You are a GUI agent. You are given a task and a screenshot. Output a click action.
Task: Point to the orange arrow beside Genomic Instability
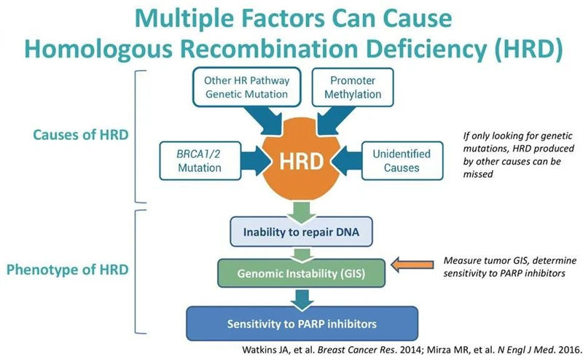click(414, 265)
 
